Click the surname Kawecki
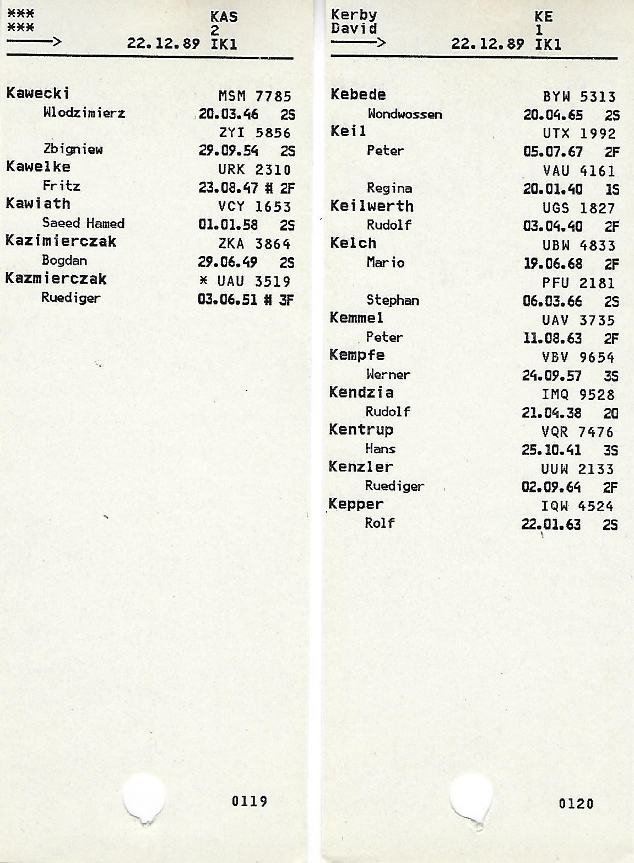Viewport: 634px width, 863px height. coord(37,93)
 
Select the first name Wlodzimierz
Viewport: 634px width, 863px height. coord(84,113)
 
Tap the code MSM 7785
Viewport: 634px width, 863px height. coord(254,97)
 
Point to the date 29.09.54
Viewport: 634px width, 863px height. coord(228,151)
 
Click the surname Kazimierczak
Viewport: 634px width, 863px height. coord(61,241)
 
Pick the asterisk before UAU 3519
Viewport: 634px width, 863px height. coord(204,282)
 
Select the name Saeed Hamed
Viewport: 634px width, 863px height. coord(83,223)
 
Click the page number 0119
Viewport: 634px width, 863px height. coord(249,801)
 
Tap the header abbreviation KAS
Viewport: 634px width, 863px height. coord(224,17)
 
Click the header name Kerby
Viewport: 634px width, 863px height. coord(354,15)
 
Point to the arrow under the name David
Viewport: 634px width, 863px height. coord(358,42)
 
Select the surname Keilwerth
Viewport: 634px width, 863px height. coord(371,206)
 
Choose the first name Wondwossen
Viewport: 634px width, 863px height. coord(404,115)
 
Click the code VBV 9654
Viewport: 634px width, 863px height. coord(578,357)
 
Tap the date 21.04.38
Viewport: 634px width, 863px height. coord(551,413)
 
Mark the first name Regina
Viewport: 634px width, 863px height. coord(389,189)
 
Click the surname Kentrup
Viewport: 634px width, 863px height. coord(361,430)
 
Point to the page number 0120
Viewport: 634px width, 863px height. coord(576,803)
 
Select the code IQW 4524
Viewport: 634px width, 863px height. coord(577,506)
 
